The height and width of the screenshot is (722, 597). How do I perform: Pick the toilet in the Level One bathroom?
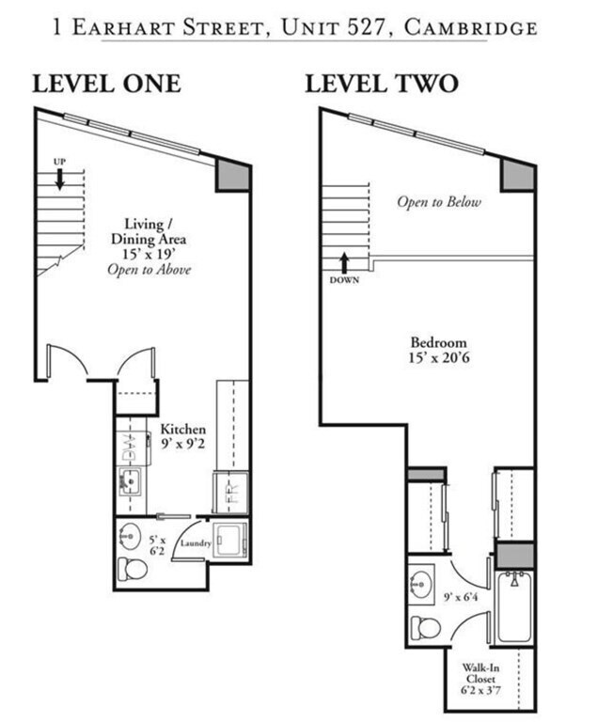128,568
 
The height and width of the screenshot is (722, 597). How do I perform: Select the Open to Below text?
438,202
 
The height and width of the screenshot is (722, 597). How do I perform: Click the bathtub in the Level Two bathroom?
513,606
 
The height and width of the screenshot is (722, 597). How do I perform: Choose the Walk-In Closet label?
480,679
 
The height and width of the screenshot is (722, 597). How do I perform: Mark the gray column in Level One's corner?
231,175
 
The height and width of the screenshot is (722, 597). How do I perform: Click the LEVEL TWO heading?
381,83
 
